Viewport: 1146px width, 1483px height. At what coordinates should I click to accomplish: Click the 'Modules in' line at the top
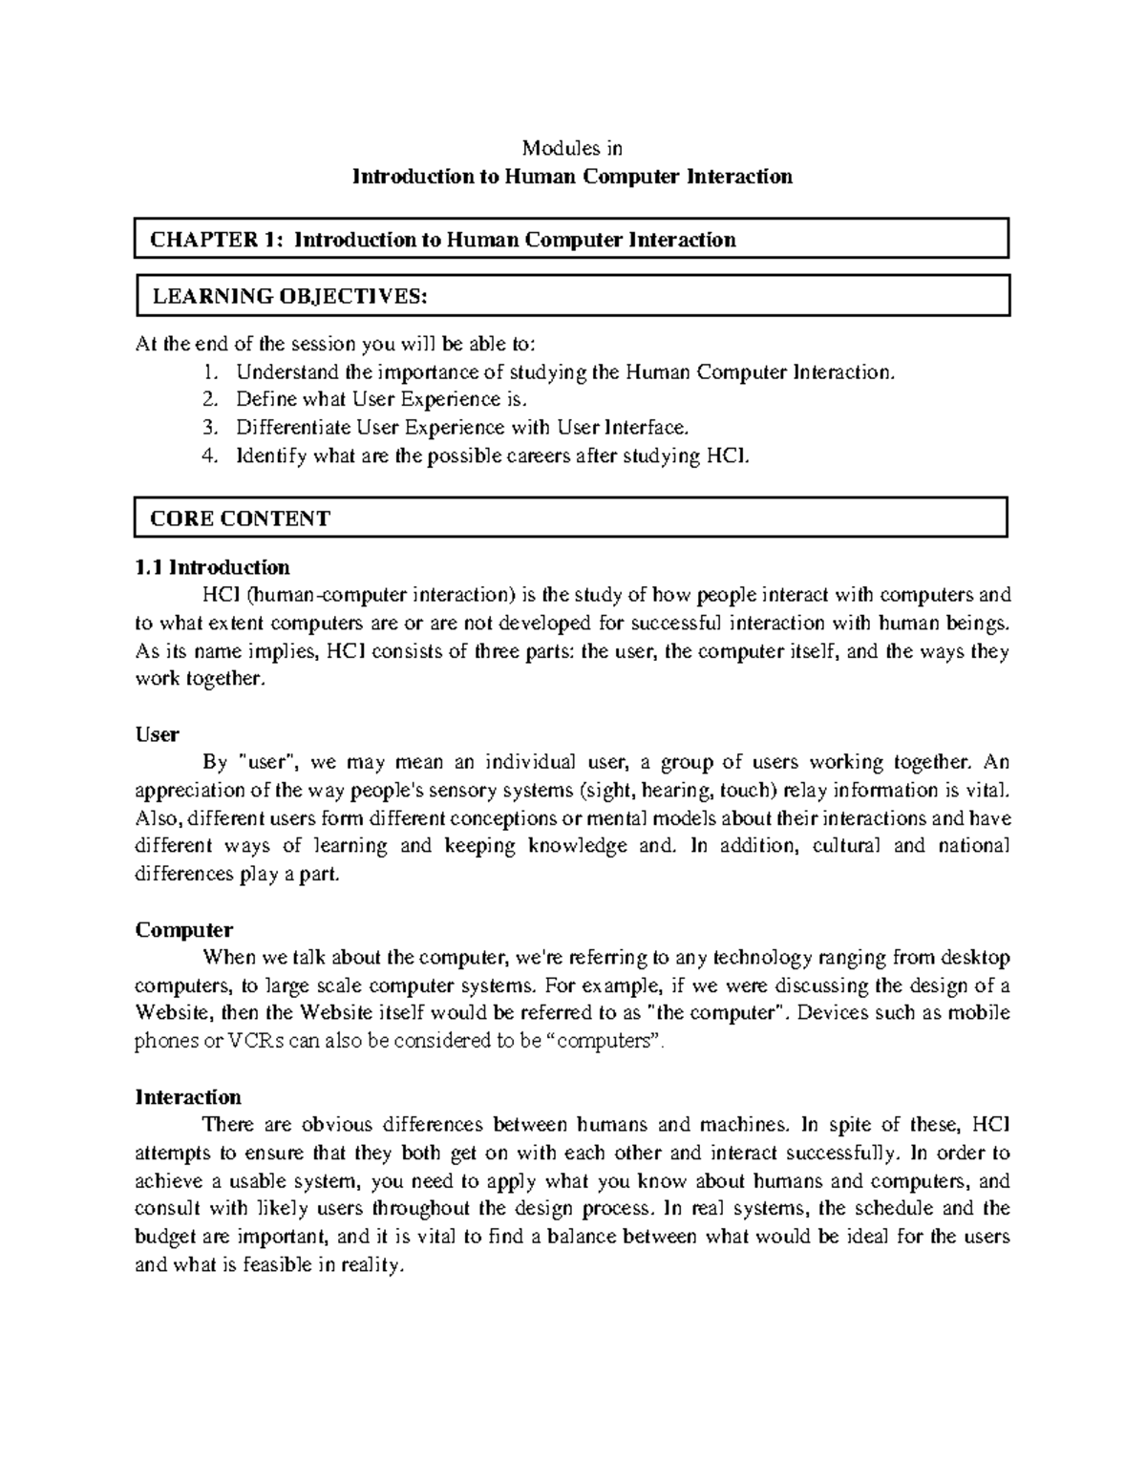tap(571, 148)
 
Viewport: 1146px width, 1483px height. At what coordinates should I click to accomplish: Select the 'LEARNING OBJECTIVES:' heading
tap(289, 297)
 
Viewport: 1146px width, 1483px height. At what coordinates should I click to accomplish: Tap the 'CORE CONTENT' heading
tap(240, 519)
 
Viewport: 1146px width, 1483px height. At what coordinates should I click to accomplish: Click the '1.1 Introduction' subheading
tap(212, 567)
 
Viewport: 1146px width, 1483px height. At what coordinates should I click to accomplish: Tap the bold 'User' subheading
tap(157, 734)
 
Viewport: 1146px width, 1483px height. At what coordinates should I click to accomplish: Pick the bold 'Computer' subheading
tap(184, 929)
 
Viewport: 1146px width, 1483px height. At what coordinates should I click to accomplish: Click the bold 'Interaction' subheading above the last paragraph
tap(188, 1096)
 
